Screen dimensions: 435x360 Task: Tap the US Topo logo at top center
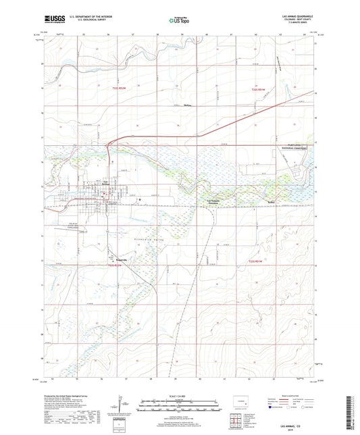pyautogui.click(x=180, y=20)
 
